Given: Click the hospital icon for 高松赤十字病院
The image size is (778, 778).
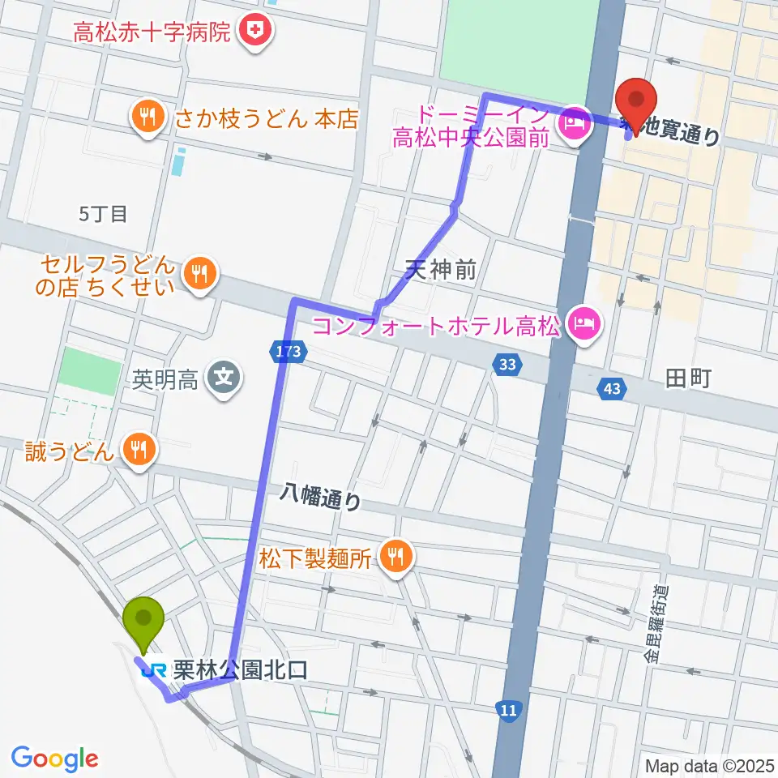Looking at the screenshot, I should coord(256,33).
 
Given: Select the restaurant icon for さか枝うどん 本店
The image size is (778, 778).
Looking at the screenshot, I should coord(146,118).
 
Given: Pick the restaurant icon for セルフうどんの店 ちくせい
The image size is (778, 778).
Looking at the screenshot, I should coord(198,275).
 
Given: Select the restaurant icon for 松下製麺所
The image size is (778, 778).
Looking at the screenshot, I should coord(395,557).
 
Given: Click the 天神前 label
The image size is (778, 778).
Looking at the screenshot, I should coord(441,271).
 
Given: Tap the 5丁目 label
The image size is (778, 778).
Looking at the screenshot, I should coord(104,214).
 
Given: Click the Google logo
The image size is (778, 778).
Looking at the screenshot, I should coord(54,759).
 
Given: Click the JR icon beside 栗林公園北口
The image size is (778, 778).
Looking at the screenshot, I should coord(153,670).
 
